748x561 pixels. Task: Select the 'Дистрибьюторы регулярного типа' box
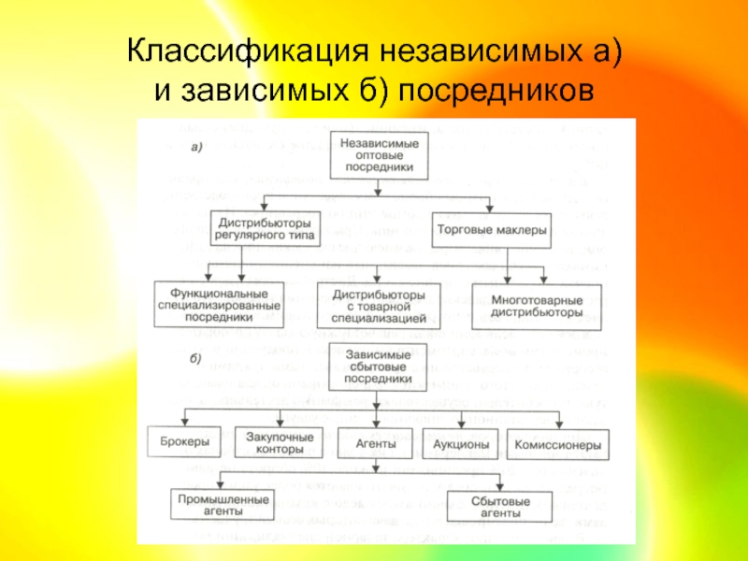267,230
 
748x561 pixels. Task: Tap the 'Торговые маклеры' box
491,230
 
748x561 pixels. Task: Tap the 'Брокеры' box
179,441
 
